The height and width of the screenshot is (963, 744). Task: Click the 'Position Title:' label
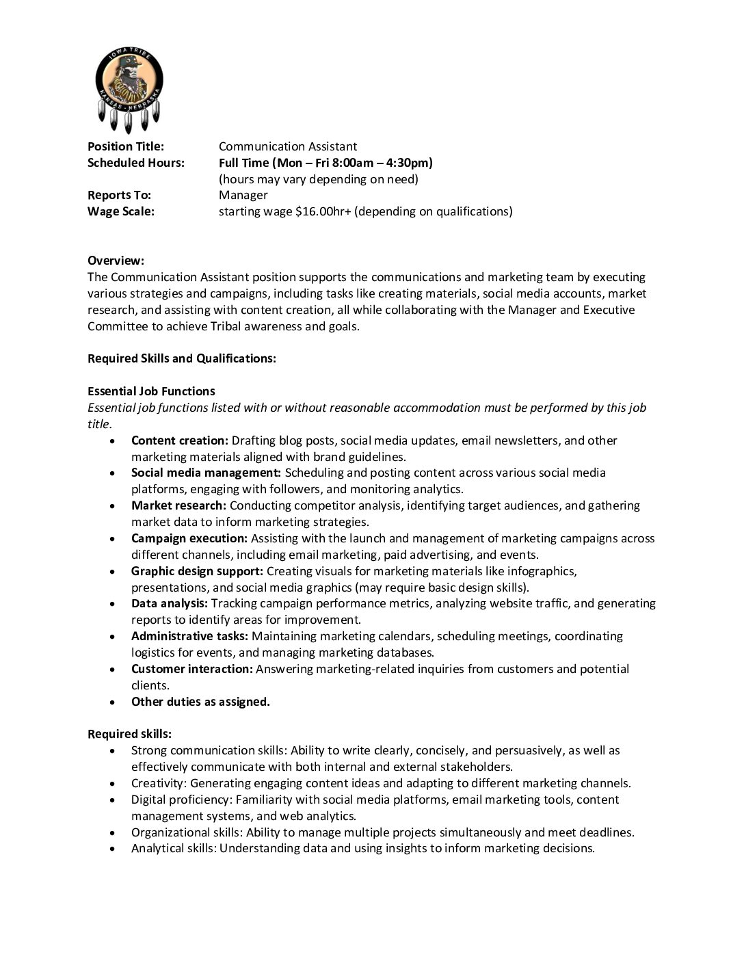(126, 146)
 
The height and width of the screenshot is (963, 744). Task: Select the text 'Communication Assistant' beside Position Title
(288, 146)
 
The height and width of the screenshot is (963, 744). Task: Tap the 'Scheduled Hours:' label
(136, 163)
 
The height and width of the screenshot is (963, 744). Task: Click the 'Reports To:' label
(119, 195)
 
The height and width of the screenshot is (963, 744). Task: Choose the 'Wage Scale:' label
(121, 211)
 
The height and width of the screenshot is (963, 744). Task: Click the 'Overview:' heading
(116, 261)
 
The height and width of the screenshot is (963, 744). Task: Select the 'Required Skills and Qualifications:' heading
(182, 358)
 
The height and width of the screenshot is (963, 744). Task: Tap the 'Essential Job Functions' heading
(151, 391)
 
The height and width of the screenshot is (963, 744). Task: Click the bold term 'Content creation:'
(180, 440)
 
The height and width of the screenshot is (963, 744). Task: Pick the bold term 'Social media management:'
(206, 473)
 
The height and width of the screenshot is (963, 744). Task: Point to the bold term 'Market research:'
(178, 505)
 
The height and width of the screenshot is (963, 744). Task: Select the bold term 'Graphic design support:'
(197, 570)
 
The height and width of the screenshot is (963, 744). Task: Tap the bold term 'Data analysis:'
(170, 603)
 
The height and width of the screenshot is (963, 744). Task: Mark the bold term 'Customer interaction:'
(192, 669)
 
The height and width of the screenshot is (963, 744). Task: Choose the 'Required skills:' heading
(129, 734)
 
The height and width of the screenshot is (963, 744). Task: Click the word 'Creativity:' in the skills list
(159, 783)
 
